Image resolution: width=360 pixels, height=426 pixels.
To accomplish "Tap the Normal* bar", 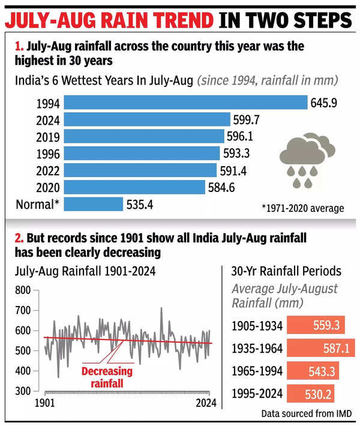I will [93, 204].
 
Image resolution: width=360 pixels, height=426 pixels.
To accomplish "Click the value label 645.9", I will [323, 103].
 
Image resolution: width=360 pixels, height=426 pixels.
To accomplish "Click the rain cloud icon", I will [307, 158].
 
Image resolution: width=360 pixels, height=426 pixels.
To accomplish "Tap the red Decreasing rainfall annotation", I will [108, 377].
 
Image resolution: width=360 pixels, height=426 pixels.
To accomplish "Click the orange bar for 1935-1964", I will [322, 347].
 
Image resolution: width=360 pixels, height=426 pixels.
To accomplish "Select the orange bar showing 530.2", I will [311, 393].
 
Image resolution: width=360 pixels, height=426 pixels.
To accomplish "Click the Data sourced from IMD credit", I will [306, 413].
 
